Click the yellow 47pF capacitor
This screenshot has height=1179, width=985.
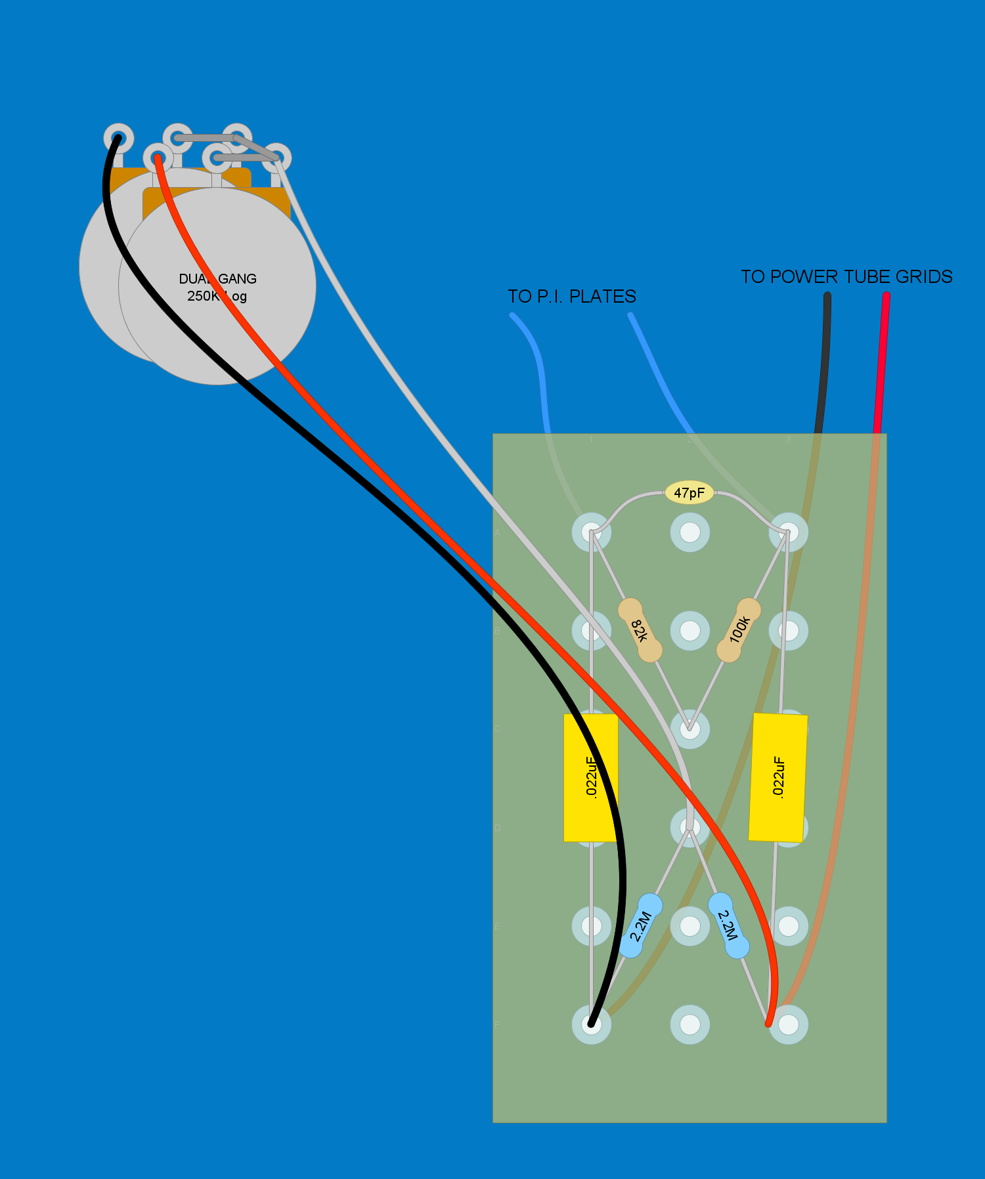(x=689, y=493)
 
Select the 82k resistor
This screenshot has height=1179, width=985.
(x=640, y=630)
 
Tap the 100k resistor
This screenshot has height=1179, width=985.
(x=739, y=630)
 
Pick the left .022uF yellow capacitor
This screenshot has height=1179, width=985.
(x=590, y=777)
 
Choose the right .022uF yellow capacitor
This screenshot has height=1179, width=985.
(x=778, y=777)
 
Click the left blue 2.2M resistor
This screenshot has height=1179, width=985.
(x=640, y=926)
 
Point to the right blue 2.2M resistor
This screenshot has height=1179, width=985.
(x=728, y=925)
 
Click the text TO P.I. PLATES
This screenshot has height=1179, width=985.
(x=571, y=297)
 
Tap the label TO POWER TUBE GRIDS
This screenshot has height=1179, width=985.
(x=846, y=277)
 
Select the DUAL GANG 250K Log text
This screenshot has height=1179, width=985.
(x=217, y=288)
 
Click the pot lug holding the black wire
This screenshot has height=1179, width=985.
(x=118, y=139)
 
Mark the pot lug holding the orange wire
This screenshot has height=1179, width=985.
(x=158, y=158)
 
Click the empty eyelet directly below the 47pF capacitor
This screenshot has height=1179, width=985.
(x=689, y=532)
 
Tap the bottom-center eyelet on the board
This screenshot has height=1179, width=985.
(x=689, y=1024)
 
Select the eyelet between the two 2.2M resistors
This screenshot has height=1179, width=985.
(x=689, y=926)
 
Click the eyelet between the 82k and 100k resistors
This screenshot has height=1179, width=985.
(x=689, y=631)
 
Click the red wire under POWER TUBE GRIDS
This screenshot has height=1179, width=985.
(x=881, y=361)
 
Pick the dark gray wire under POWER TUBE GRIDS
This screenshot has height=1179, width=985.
(x=825, y=361)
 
